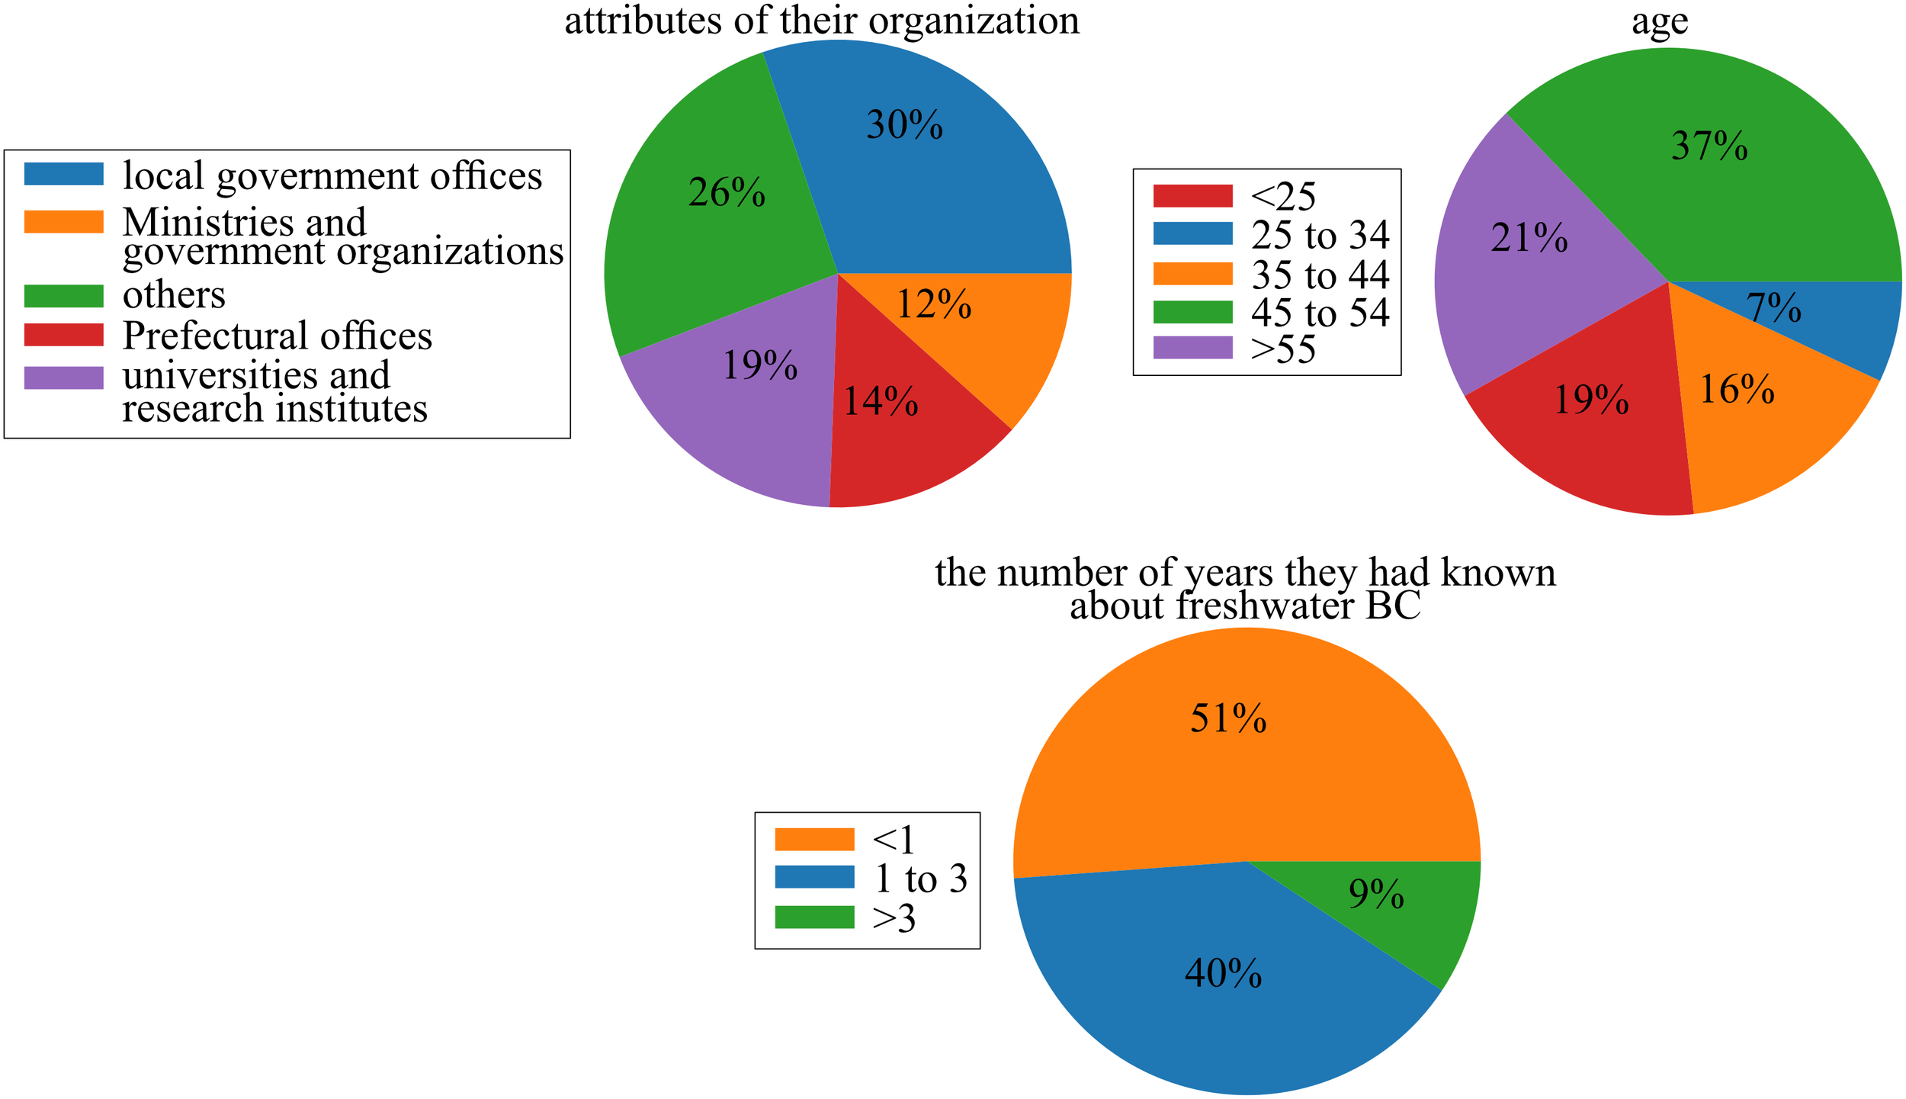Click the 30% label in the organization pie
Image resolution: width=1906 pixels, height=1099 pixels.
point(904,125)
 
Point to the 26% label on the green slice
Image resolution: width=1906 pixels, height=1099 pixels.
point(727,192)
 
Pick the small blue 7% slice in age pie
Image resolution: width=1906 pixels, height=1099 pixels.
point(1845,320)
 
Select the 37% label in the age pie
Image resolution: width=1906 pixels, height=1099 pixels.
point(1709,146)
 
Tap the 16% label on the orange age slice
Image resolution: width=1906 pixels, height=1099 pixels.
point(1738,390)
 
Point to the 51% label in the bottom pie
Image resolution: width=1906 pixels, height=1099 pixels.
point(1228,718)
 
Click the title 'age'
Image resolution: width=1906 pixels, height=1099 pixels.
point(1660,21)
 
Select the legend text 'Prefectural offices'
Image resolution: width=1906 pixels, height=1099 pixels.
point(278,336)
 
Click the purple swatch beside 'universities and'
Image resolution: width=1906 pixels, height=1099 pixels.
point(63,378)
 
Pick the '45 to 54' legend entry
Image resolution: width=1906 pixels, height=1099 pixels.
point(1320,313)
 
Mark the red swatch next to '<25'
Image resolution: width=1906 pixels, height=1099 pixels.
point(1192,196)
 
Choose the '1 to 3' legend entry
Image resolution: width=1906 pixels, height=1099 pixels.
point(920,879)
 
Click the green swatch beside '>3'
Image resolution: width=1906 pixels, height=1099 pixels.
point(814,917)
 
